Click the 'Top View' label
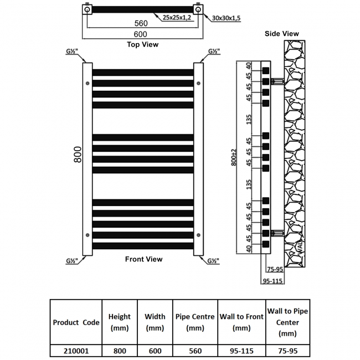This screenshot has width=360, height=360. [142, 44]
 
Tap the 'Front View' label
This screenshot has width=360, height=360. [143, 259]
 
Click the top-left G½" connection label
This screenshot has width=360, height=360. [70, 52]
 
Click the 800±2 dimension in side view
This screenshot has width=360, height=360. [235, 157]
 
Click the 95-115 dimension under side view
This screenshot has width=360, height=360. [274, 280]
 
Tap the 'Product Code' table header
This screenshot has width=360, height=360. [76, 322]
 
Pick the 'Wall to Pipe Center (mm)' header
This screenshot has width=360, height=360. [287, 322]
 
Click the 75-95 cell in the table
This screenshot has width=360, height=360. [287, 351]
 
